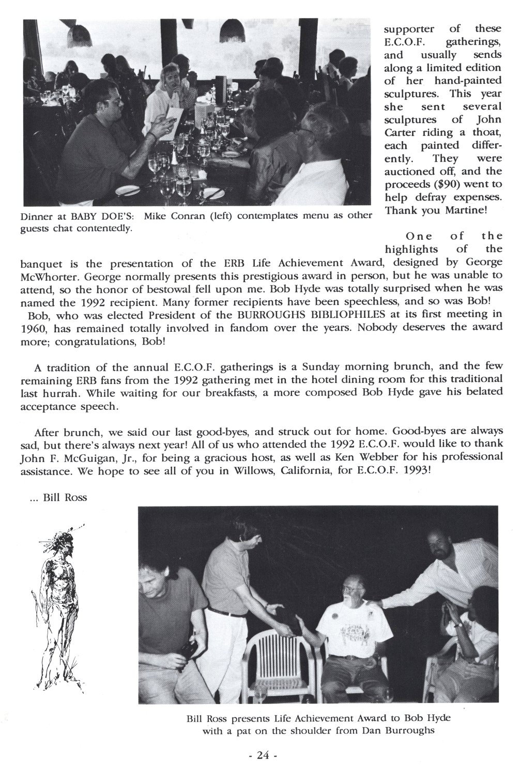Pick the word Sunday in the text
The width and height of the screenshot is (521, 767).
[x=315, y=368]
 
